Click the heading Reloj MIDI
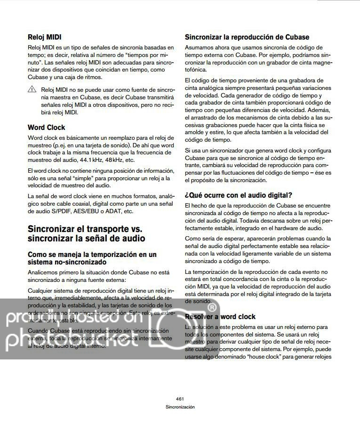[45, 37]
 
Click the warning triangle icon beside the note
[32, 89]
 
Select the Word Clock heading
[46, 128]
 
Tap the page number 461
[180, 398]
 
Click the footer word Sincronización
[180, 407]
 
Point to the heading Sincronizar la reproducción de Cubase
[247, 37]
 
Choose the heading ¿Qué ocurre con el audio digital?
[239, 195]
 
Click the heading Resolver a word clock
[220, 317]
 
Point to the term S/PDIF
[60, 211]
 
